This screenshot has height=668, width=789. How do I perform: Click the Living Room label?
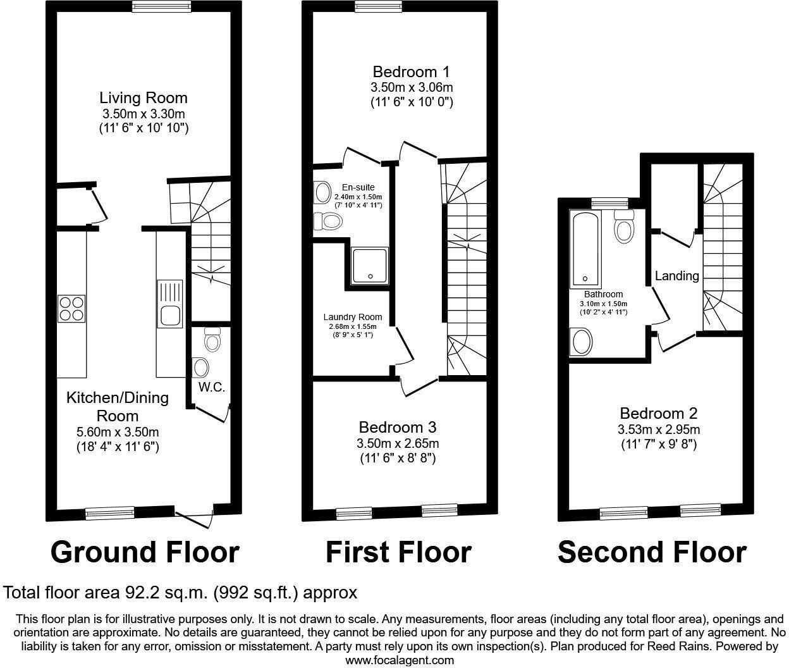(144, 98)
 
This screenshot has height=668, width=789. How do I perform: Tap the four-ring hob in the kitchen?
(71, 309)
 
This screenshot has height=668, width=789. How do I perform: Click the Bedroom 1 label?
(412, 71)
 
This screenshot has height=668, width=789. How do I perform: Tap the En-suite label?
(358, 187)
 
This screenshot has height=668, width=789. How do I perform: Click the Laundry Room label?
(352, 317)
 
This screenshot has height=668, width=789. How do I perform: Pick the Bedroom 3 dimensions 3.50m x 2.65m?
(398, 443)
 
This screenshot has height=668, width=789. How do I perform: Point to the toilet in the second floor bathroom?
(624, 228)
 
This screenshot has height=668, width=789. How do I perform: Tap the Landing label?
(676, 276)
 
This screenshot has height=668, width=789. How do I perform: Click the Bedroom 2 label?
(658, 414)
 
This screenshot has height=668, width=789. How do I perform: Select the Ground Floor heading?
(145, 552)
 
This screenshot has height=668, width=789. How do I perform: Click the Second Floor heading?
(651, 552)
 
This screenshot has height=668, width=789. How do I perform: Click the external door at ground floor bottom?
(195, 516)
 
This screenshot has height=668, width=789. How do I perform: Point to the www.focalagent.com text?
(400, 660)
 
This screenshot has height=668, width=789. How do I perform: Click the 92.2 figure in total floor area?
(137, 593)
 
